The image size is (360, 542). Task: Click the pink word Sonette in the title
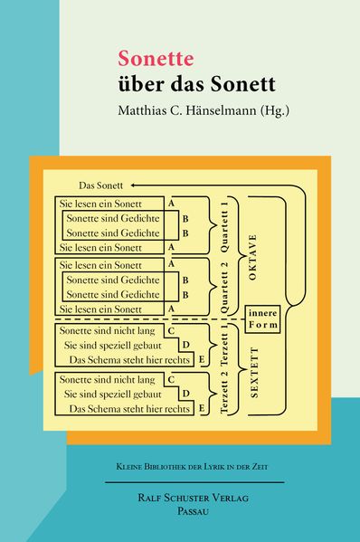pos(156,59)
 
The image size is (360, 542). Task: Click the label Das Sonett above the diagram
pos(100,185)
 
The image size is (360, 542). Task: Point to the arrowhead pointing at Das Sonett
pos(133,185)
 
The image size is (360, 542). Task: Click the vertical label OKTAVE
pos(252,257)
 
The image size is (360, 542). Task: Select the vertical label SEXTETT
pos(254,373)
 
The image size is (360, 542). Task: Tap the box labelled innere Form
pos(262,319)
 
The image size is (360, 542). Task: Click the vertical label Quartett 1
pos(224,227)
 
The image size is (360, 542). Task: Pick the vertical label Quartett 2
pos(224,288)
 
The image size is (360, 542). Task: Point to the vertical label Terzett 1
pos(224,347)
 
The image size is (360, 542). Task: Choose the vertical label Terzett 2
pos(224,393)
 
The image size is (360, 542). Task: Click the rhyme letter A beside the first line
pos(171,204)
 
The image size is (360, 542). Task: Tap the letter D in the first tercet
pos(185,345)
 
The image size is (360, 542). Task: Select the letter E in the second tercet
pos(202,408)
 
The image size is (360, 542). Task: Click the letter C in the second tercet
pos(171,380)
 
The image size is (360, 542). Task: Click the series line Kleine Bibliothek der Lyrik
pos(192,467)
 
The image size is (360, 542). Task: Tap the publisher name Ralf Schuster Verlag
pos(194,498)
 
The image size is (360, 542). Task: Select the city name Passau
pos(194,511)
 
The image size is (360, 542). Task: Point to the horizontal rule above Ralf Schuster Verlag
pos(194,482)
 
